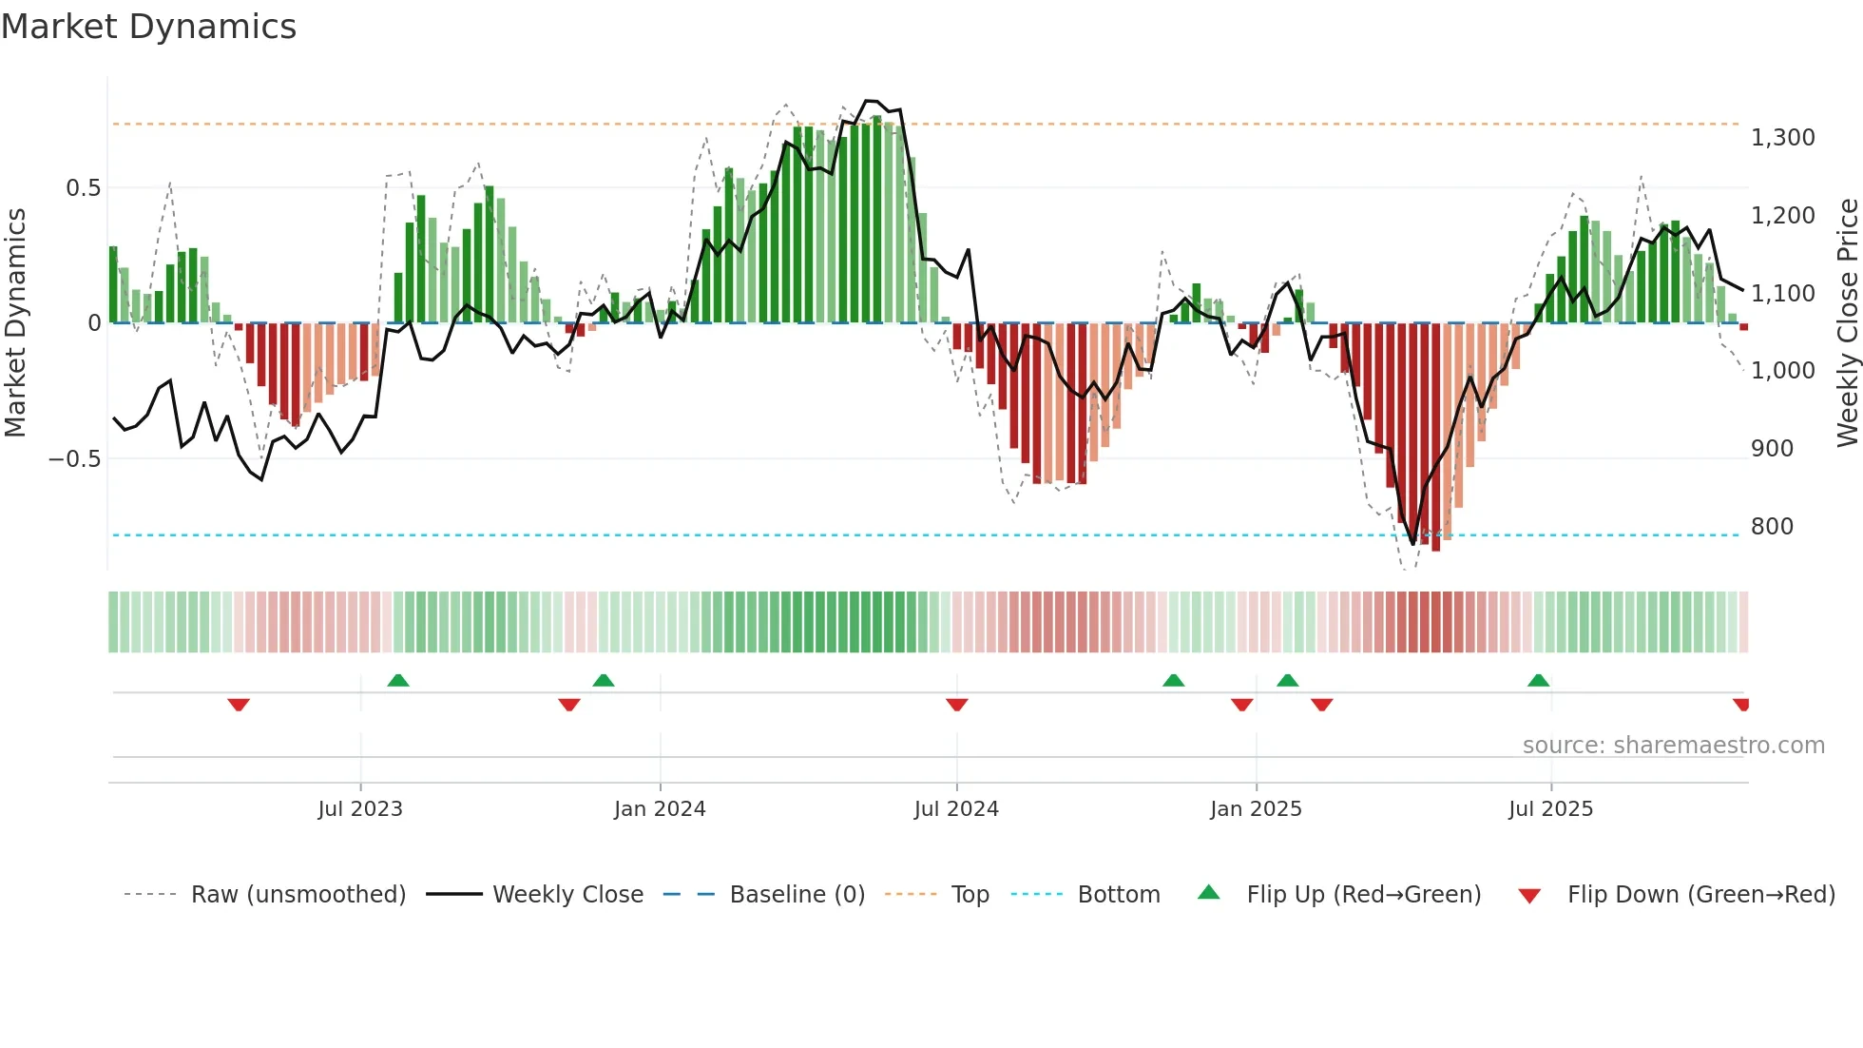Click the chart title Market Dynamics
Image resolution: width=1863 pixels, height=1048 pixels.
point(148,27)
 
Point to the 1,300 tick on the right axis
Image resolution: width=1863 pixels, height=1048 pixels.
point(1782,138)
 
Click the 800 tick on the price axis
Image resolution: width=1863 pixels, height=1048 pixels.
point(1772,526)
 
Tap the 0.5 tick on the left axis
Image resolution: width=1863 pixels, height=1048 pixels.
point(83,188)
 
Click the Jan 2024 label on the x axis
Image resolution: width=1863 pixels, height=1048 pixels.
point(660,809)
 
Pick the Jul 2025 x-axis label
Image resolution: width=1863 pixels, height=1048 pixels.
point(1550,809)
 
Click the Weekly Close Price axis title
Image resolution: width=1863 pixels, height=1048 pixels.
point(1847,323)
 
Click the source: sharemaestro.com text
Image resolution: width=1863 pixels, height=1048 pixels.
point(1673,746)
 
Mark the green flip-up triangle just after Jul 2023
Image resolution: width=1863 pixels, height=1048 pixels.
point(398,680)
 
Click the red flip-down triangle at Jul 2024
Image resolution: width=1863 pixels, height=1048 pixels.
point(957,705)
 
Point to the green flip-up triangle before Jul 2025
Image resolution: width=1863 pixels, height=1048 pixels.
point(1538,680)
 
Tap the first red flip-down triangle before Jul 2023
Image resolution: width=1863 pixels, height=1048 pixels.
point(239,705)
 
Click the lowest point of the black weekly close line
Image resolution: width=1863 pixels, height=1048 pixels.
point(1412,544)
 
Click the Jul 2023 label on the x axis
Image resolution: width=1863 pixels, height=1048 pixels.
point(360,809)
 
